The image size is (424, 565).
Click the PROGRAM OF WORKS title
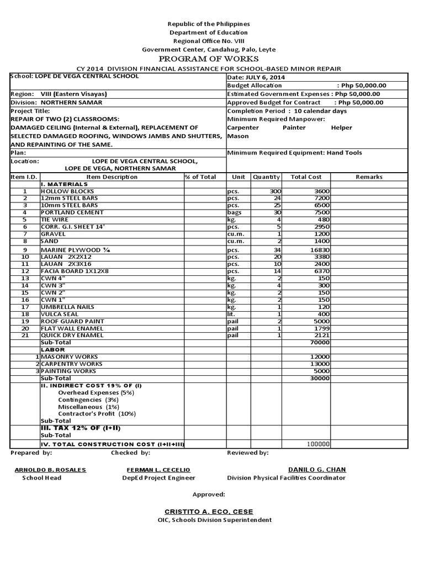pos(208,58)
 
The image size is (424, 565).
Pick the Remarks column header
pos(369,177)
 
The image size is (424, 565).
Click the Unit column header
pos(239,177)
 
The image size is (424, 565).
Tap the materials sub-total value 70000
pos(320,342)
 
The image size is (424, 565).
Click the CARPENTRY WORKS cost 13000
pos(320,364)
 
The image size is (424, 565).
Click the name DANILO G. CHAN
pos(317,470)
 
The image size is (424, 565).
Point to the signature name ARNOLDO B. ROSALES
pos(50,470)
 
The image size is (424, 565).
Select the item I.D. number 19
pos(25,321)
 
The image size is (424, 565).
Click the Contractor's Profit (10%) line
pos(97,413)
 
